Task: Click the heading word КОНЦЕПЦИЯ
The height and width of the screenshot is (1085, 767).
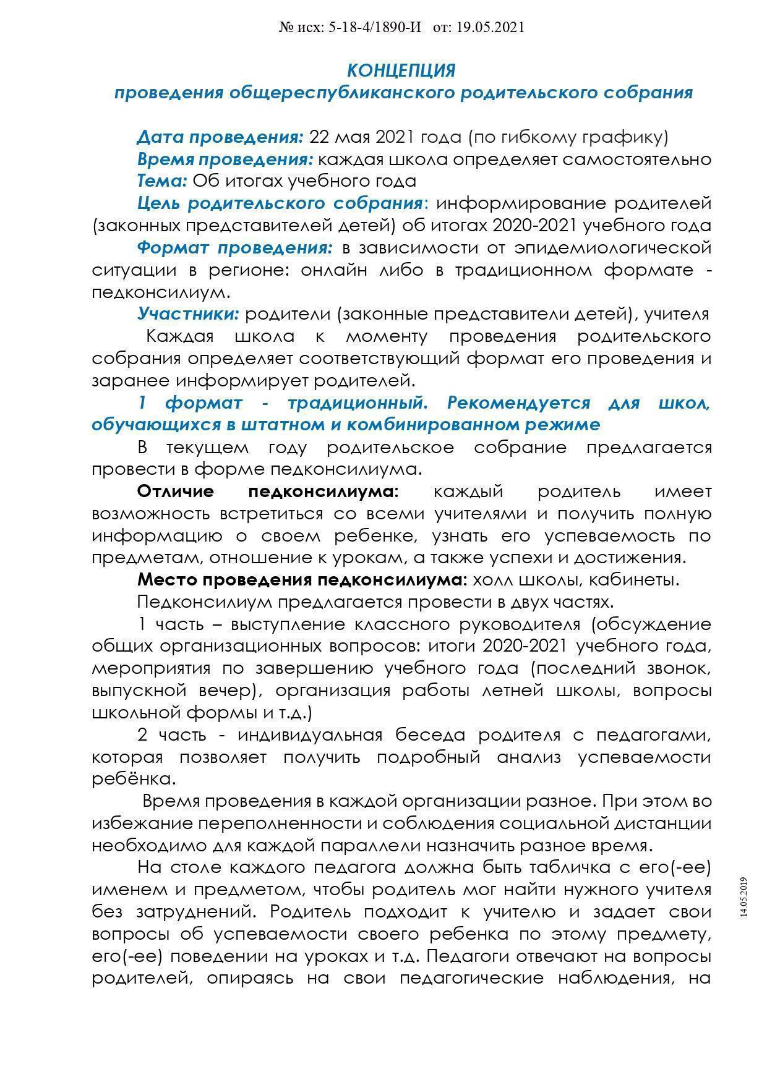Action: click(401, 70)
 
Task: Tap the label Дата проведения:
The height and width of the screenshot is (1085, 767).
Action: click(220, 137)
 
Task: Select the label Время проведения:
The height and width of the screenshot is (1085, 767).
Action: click(225, 159)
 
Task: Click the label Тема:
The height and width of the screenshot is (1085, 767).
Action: click(162, 181)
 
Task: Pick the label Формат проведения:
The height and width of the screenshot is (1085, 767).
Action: click(234, 248)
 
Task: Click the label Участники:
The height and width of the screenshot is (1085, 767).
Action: click(188, 314)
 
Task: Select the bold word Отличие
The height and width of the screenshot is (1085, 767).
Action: click(176, 491)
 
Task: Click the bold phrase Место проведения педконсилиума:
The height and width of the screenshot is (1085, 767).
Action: click(302, 580)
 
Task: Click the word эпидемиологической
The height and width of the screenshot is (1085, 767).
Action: click(612, 248)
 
